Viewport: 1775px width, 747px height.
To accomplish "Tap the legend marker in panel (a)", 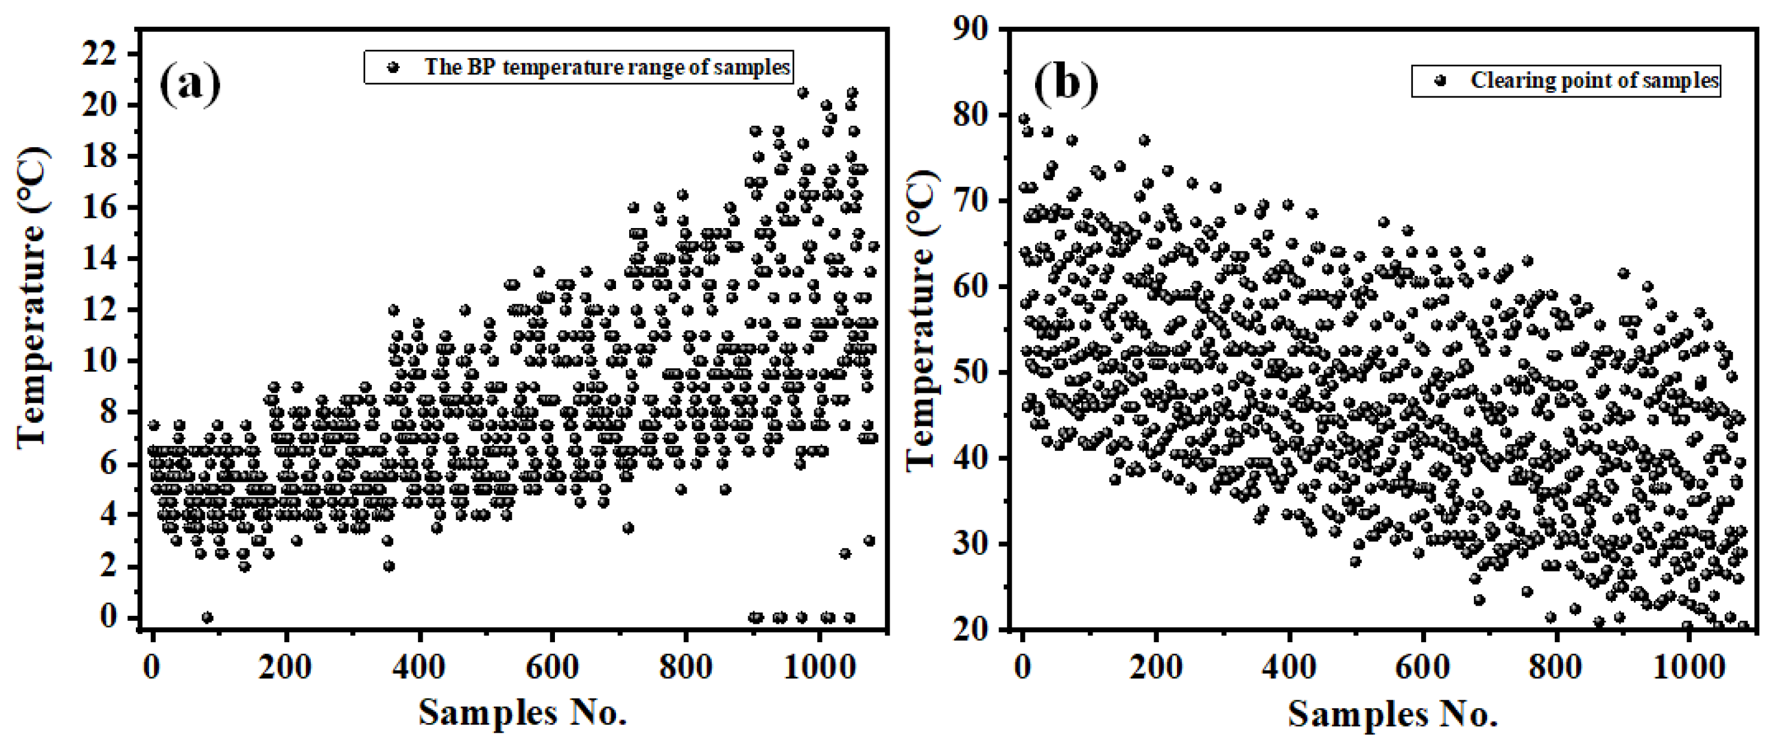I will pos(393,68).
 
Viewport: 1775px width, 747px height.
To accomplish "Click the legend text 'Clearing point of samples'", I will pos(1594,81).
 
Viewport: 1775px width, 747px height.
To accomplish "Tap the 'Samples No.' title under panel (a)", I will pos(521,712).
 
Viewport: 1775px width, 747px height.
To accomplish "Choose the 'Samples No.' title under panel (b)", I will pos(1392,713).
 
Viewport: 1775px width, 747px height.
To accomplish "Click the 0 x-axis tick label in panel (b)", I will pos(1022,666).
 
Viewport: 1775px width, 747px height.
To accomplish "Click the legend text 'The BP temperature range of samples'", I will pos(606,68).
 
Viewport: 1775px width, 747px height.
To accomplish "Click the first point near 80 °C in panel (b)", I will pos(1024,119).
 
